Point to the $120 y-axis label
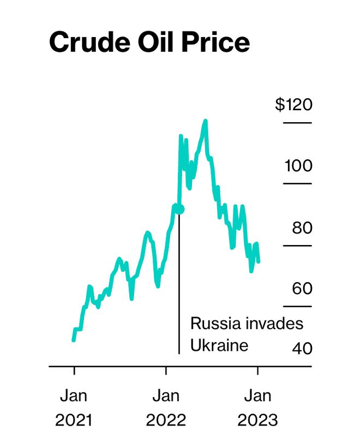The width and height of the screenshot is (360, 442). click(294, 104)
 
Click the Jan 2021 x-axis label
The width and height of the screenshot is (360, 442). click(74, 407)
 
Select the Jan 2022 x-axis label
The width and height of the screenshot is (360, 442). click(166, 407)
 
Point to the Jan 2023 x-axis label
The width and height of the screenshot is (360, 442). click(257, 407)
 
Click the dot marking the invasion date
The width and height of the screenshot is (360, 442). click(180, 208)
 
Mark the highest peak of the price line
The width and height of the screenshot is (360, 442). click(205, 121)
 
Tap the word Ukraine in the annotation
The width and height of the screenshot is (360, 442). click(219, 345)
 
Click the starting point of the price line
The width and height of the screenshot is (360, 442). click(74, 340)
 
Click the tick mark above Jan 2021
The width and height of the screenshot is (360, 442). click(74, 371)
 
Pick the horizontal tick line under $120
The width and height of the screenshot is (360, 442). click(297, 123)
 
